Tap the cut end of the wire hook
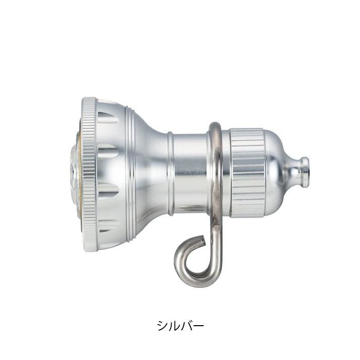pyautogui.click(x=201, y=238)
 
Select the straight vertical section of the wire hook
pyautogui.click(x=218, y=241)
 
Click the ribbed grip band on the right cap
pyautogui.click(x=247, y=173)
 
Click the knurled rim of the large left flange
pyautogui.click(x=89, y=175)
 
